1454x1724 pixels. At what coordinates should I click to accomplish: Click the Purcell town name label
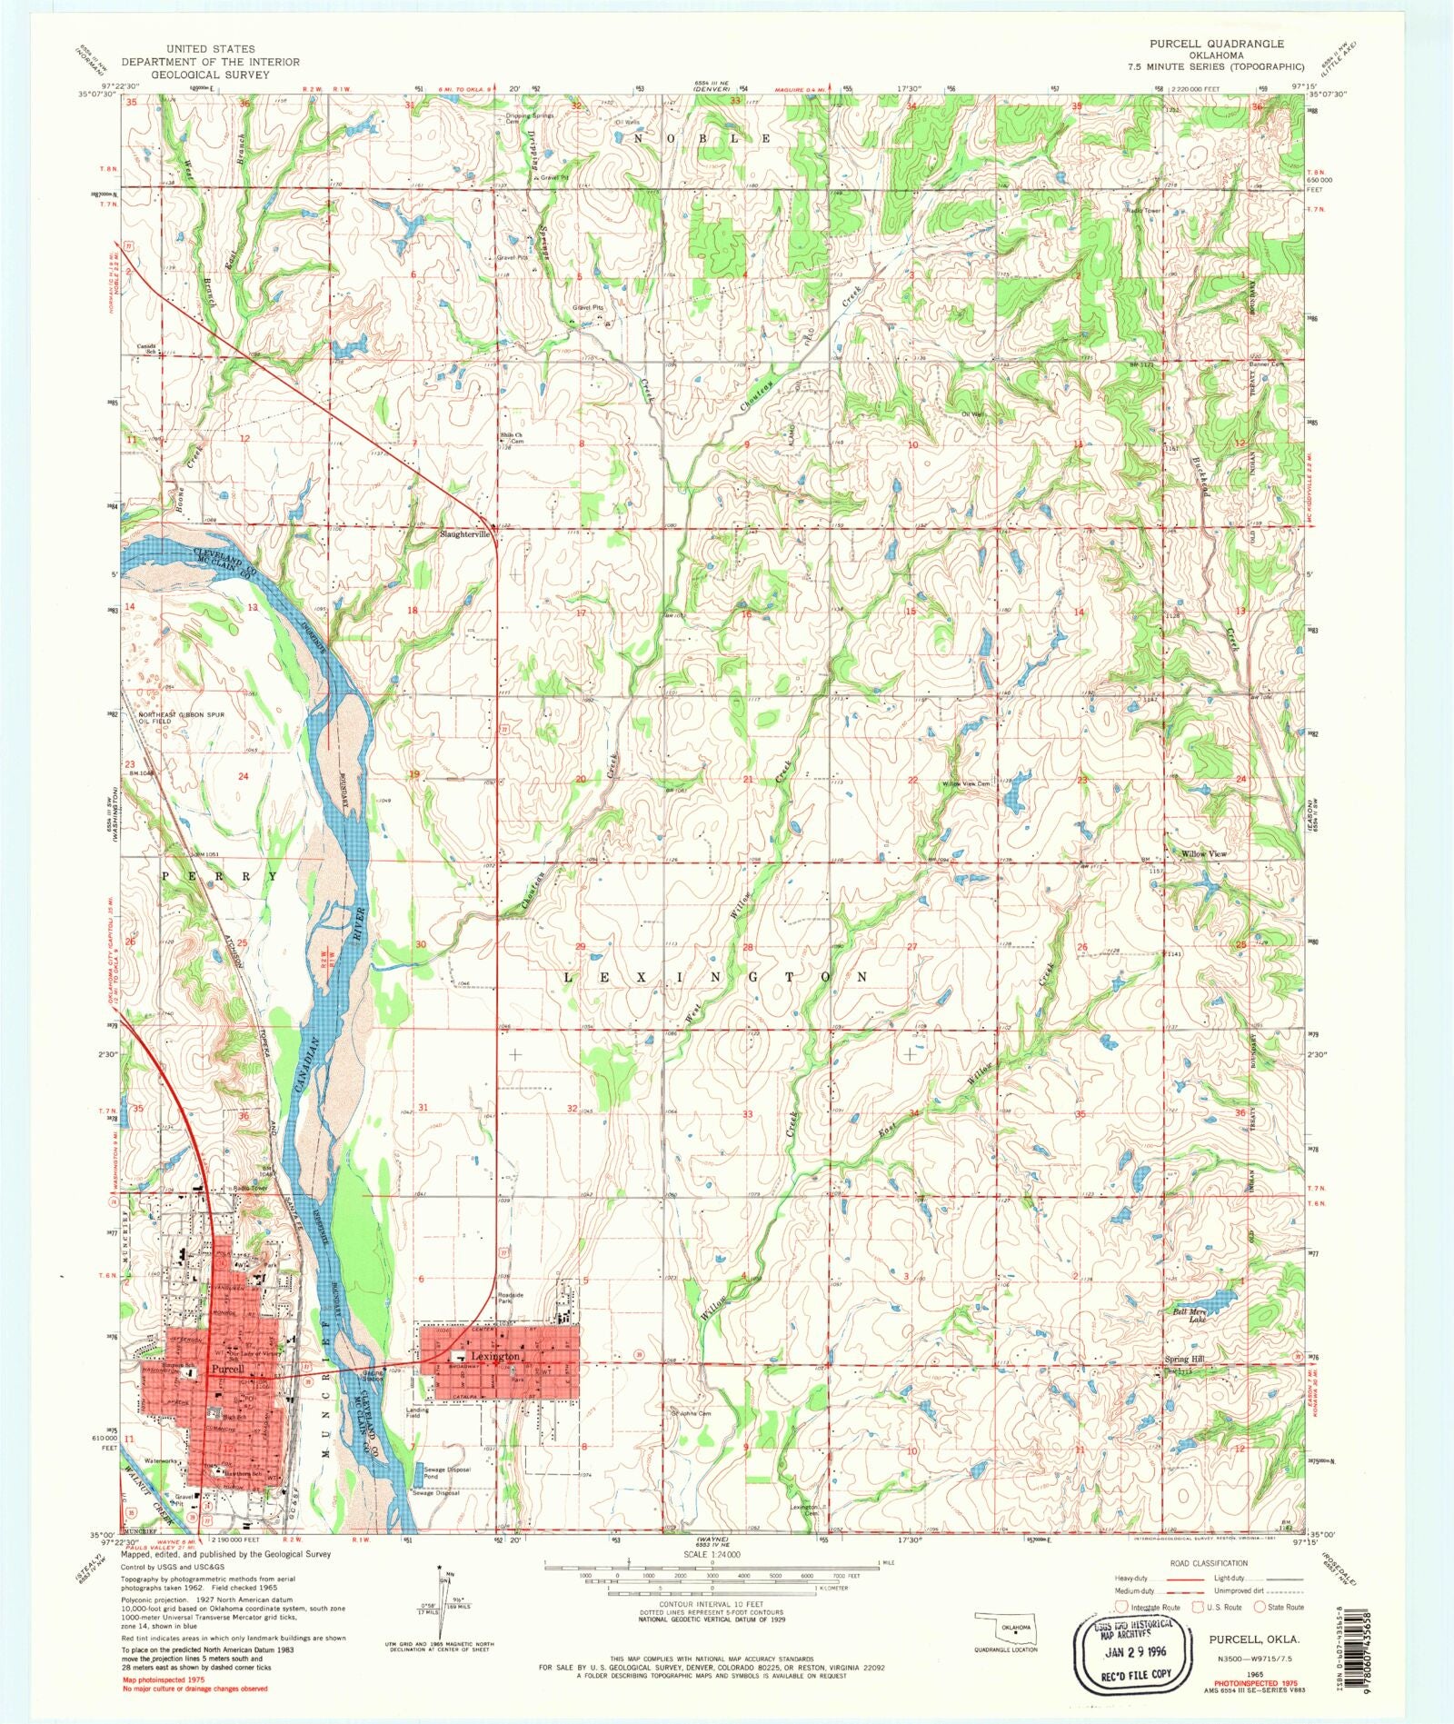pyautogui.click(x=224, y=1368)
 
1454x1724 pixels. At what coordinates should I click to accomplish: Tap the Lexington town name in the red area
pyautogui.click(x=495, y=1355)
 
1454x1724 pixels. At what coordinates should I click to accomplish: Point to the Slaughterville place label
pyautogui.click(x=465, y=534)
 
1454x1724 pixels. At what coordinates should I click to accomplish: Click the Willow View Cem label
pyautogui.click(x=966, y=783)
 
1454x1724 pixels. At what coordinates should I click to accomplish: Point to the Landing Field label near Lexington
pyautogui.click(x=417, y=1413)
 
